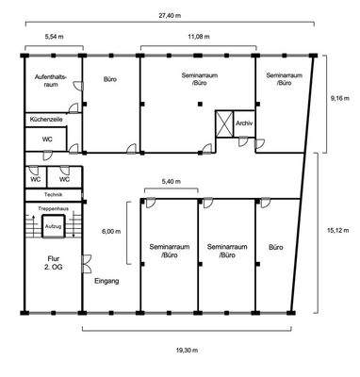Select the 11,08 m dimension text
click(x=198, y=37)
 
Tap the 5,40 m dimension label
click(x=170, y=181)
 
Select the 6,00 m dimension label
click(x=110, y=231)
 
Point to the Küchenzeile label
click(x=47, y=121)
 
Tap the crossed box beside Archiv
click(x=224, y=124)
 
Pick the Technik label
click(x=54, y=194)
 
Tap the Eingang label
click(x=106, y=281)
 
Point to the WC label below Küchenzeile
click(x=47, y=139)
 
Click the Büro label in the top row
click(x=109, y=81)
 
